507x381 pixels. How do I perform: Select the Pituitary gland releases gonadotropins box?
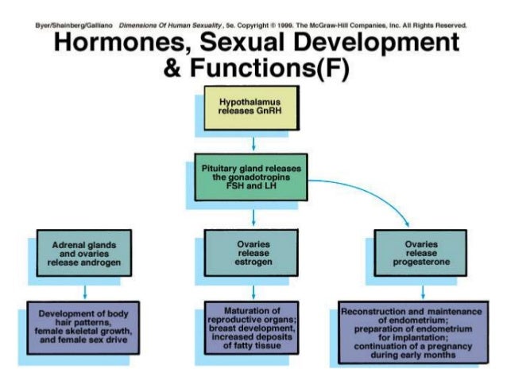point(252,181)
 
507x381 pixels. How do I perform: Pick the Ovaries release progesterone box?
point(422,251)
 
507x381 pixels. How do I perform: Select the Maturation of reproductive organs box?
point(252,325)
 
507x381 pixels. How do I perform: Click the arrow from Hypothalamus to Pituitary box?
point(252,142)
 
